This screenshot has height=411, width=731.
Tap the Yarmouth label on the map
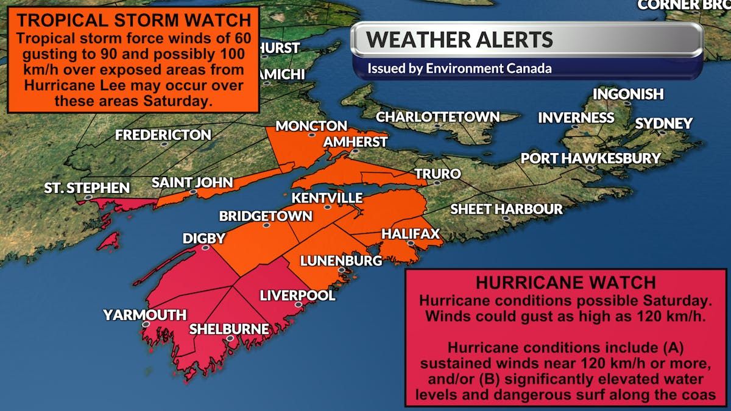tap(144, 315)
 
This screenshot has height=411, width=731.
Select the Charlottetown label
tap(437, 117)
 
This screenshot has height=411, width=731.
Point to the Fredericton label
tap(163, 135)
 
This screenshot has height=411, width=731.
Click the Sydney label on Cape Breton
tap(663, 124)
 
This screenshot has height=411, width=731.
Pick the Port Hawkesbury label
tap(590, 158)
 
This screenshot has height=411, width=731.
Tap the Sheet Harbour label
tap(506, 209)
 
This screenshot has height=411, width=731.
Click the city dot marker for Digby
tap(206, 248)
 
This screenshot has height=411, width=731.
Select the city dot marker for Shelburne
tap(230, 339)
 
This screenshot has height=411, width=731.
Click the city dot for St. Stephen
tap(89, 197)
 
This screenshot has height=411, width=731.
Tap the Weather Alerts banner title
tap(459, 40)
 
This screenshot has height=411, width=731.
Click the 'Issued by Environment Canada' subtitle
tap(459, 68)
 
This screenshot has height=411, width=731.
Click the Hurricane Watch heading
tap(565, 283)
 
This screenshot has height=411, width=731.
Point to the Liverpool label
tap(297, 295)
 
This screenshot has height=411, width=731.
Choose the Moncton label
tap(311, 126)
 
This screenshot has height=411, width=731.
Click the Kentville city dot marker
tap(327, 208)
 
